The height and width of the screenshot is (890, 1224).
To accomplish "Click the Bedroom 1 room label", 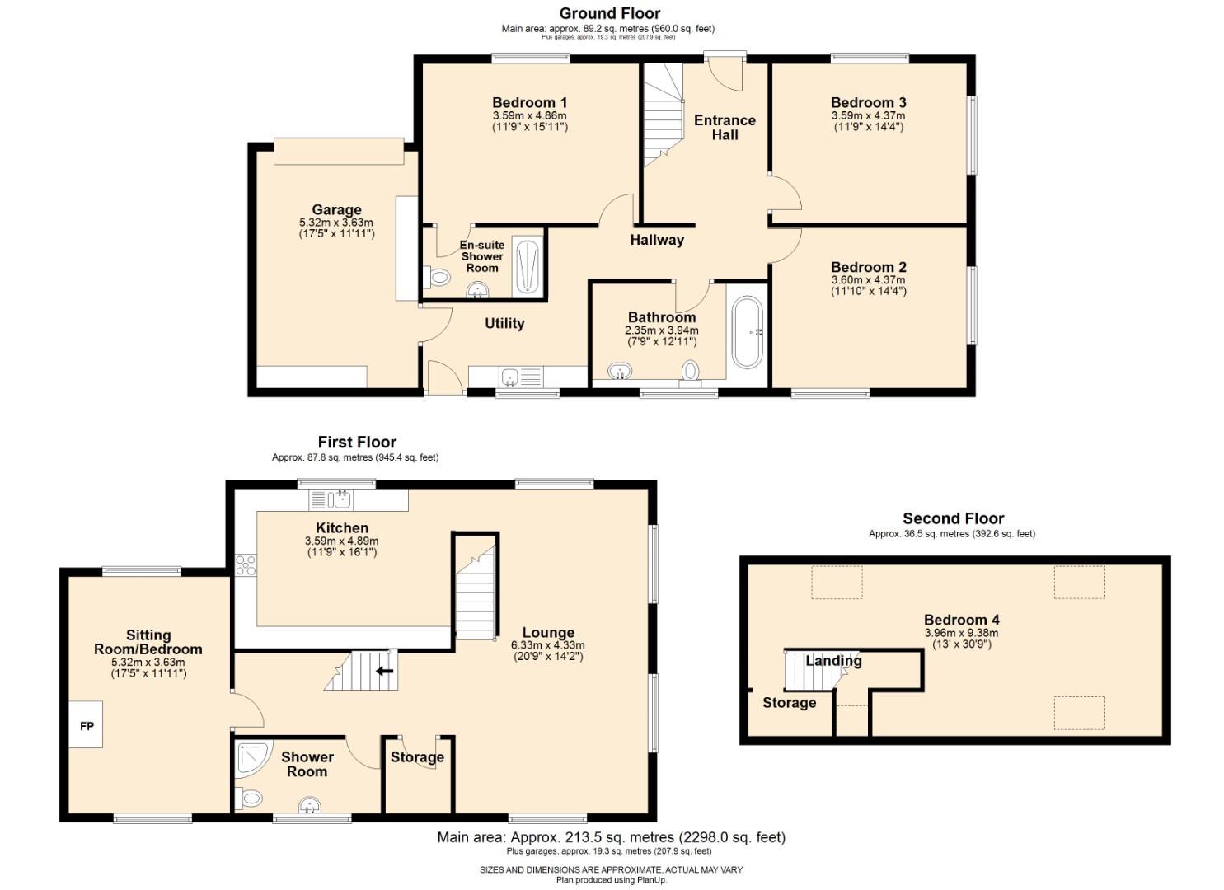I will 530,102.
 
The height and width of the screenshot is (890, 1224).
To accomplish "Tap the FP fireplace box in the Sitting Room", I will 87,725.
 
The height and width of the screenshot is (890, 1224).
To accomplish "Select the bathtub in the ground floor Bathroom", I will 748,331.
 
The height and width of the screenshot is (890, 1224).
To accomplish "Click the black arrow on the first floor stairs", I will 384,671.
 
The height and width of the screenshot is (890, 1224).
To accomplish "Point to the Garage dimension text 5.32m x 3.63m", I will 336,222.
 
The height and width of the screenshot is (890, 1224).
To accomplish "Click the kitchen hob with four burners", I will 246,564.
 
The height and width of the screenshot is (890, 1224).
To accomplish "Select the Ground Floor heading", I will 609,13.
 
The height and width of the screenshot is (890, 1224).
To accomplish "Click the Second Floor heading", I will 953,518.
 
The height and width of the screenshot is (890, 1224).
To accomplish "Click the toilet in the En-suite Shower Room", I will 438,278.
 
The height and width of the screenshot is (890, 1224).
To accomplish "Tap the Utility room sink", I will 509,377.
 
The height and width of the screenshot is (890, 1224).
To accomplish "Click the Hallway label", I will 657,240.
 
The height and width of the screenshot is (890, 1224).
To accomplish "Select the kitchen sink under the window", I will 340,499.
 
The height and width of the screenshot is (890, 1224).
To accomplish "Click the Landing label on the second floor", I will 833,661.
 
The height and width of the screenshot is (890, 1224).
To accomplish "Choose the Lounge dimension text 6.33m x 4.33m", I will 547,645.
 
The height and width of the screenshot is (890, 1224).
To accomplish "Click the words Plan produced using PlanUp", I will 611,880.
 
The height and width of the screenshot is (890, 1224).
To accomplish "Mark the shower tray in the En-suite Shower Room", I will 527,266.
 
